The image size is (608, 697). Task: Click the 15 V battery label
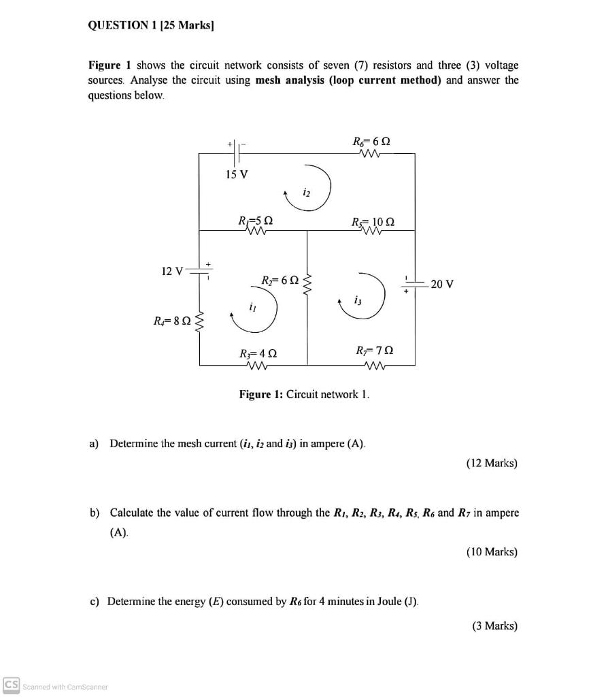(x=237, y=174)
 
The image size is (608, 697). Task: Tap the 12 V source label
(x=172, y=272)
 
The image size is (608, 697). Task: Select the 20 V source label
(x=442, y=284)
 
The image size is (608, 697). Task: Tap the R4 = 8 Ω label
(x=172, y=319)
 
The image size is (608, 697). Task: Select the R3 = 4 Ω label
(x=258, y=353)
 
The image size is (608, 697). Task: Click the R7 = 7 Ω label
(x=374, y=351)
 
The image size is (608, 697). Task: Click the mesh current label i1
(x=252, y=306)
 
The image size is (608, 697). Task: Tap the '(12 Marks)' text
(x=492, y=463)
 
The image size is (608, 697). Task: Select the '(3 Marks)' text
(x=494, y=626)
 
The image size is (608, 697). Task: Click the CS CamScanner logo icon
(x=11, y=685)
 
